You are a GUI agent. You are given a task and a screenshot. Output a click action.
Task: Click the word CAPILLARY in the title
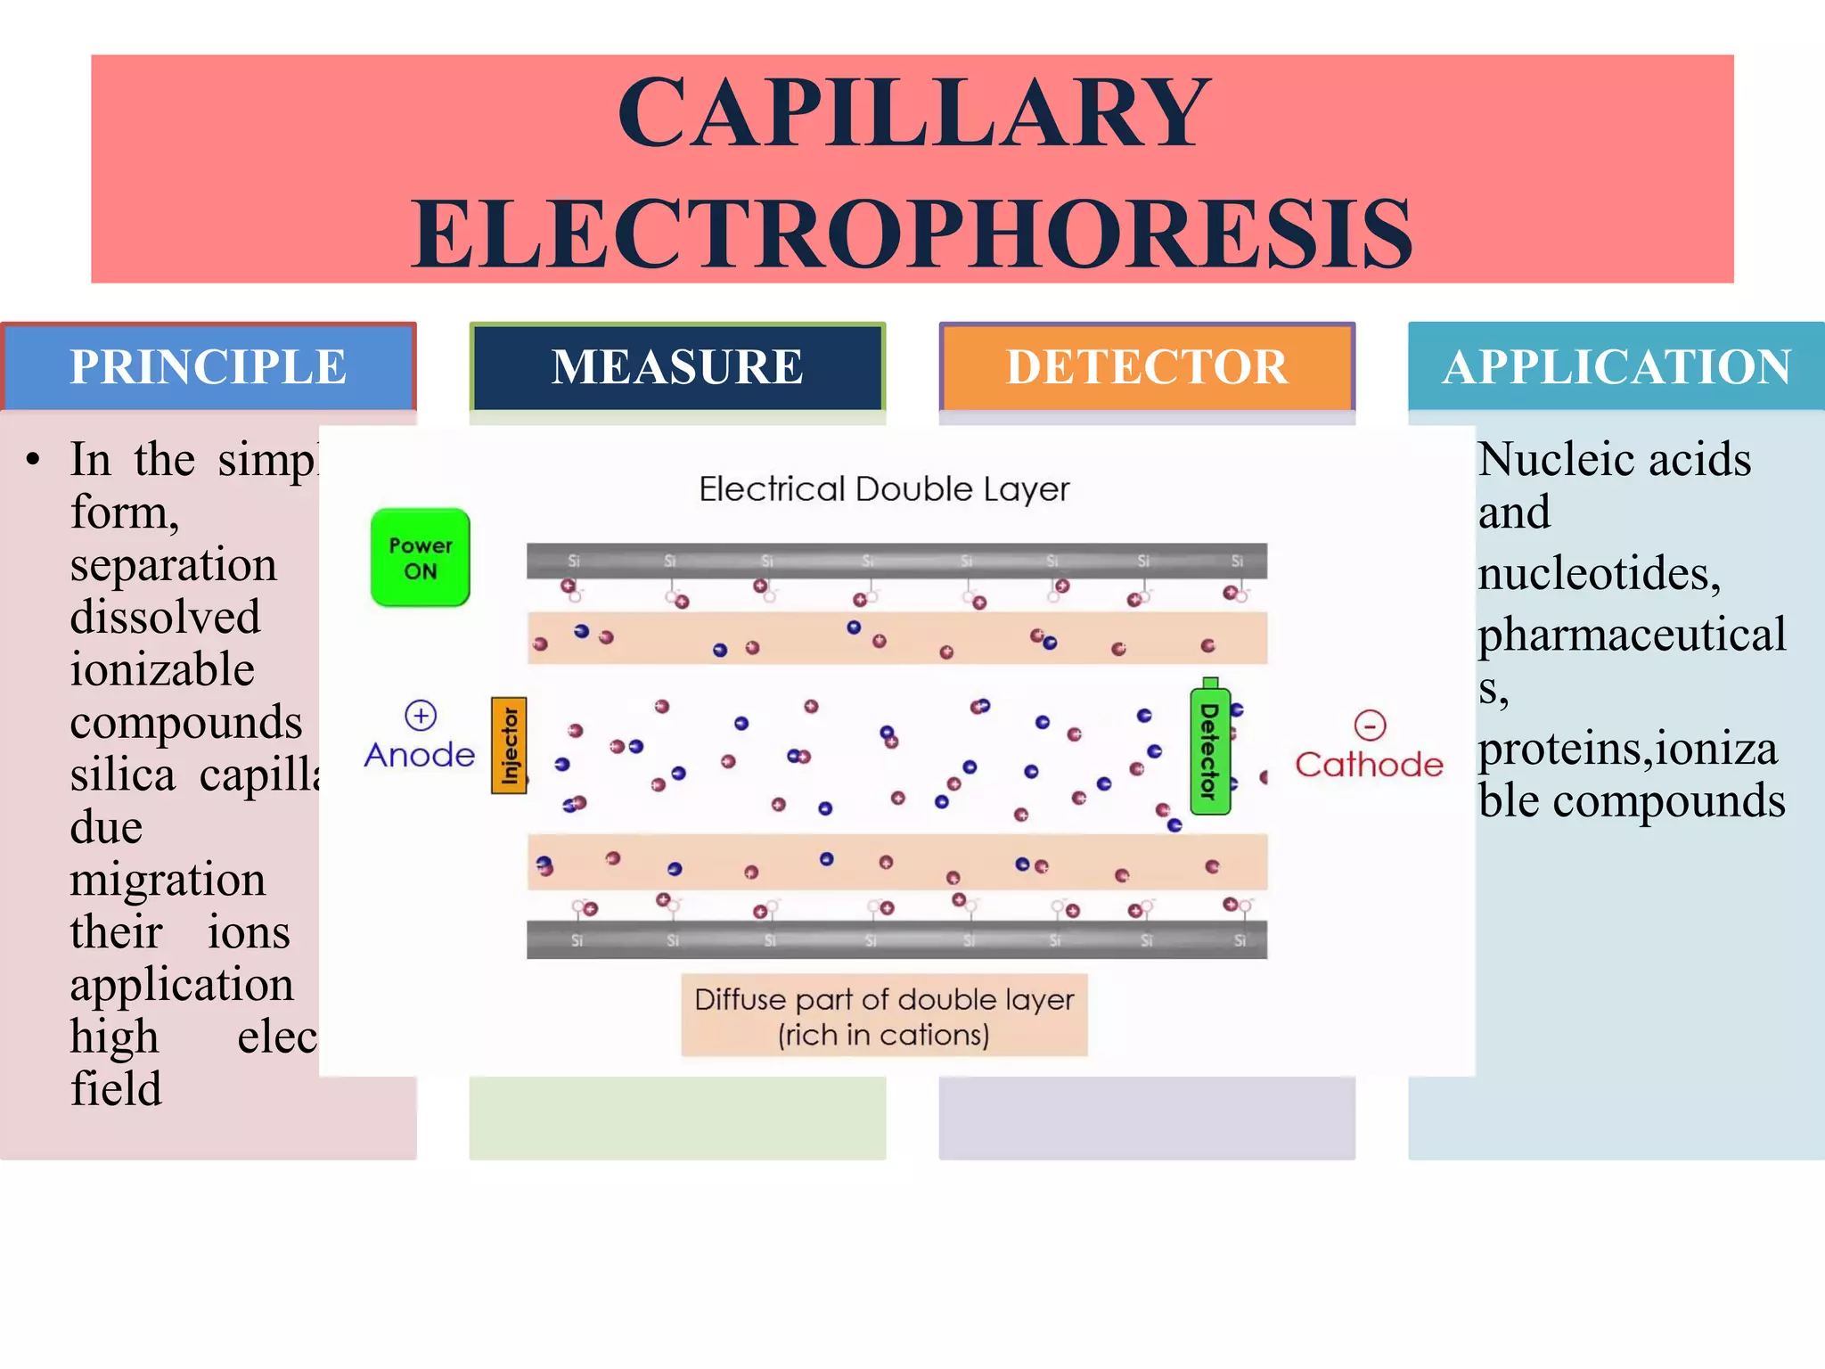(x=913, y=113)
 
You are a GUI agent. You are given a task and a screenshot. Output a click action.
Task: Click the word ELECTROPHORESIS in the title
(x=912, y=234)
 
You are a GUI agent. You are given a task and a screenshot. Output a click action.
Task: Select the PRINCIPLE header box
(x=209, y=367)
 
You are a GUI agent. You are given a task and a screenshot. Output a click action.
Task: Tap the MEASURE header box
(x=677, y=367)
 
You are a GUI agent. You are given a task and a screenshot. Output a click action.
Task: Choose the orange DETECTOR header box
(x=1147, y=367)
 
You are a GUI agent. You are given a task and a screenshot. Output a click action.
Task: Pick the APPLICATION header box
(x=1616, y=367)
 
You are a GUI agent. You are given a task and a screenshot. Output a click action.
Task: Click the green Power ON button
(x=420, y=558)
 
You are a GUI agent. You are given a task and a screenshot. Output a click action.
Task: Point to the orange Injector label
(x=509, y=745)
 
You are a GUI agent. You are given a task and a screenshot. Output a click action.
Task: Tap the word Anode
(x=420, y=756)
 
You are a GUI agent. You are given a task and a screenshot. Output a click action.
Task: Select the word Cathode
(x=1369, y=765)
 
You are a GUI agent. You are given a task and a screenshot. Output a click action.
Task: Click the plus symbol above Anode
(x=421, y=715)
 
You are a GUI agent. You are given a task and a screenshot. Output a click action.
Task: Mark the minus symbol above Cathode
(x=1370, y=725)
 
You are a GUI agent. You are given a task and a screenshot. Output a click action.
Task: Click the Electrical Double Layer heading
(x=883, y=489)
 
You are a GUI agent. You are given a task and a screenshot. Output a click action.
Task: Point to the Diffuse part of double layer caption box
(x=884, y=1016)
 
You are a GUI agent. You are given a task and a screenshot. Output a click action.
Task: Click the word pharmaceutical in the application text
(x=1632, y=635)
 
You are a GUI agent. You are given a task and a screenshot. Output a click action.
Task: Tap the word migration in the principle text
(x=168, y=880)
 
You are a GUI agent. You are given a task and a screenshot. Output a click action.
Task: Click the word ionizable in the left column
(x=162, y=669)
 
